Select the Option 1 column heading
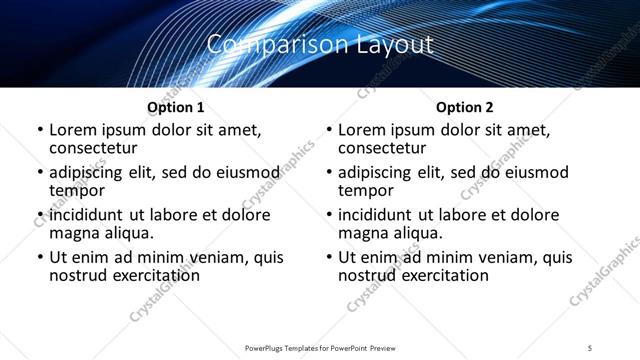click(176, 107)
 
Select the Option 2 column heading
click(464, 107)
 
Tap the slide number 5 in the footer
click(590, 348)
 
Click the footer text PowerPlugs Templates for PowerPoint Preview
click(319, 348)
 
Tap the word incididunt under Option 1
click(86, 215)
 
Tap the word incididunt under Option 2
click(375, 215)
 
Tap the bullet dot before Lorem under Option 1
click(38, 130)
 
